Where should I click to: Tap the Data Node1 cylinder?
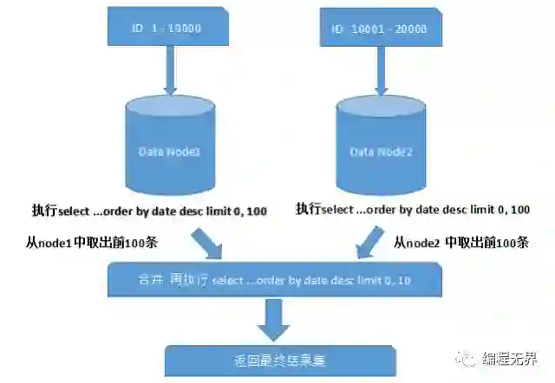point(170,150)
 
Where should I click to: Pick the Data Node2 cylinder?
point(380,150)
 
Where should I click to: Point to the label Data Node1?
point(170,152)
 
